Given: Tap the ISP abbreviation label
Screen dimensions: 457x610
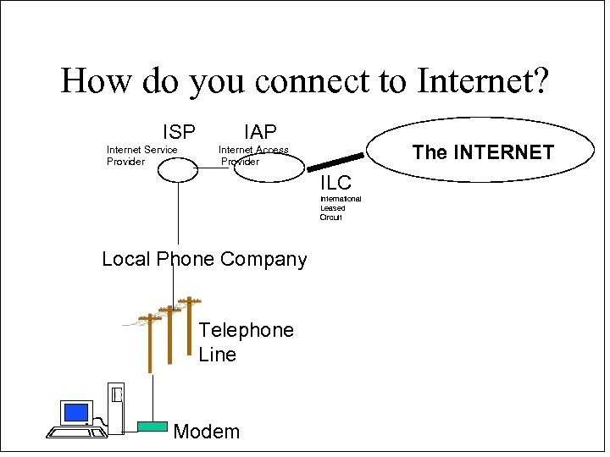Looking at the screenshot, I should [179, 132].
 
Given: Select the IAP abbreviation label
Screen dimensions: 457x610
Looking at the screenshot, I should [260, 132].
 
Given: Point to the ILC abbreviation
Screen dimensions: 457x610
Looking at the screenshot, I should [335, 183].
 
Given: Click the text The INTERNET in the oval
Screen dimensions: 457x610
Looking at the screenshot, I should [483, 152].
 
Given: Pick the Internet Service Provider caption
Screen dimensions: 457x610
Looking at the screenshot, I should [141, 156].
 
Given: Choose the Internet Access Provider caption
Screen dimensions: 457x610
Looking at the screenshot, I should [252, 156].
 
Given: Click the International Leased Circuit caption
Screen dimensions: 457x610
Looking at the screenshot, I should [340, 208].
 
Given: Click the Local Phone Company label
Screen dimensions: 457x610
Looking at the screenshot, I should [204, 259].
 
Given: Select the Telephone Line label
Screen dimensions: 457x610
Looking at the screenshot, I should [246, 342].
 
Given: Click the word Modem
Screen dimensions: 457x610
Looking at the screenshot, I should [206, 432].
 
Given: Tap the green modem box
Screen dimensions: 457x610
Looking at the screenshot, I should [152, 427].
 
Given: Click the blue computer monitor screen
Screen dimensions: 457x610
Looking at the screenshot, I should [76, 412].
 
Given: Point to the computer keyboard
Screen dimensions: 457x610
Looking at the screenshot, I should [76, 432].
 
